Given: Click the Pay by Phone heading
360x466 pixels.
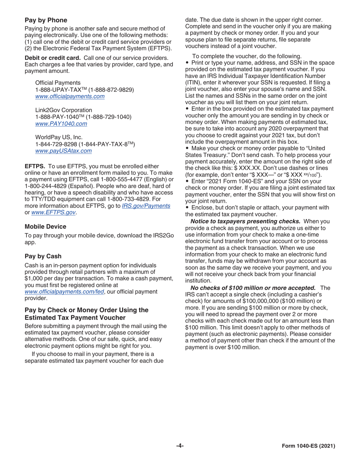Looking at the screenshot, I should click(x=46, y=20).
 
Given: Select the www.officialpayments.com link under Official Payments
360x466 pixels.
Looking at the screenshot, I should click(x=70, y=96).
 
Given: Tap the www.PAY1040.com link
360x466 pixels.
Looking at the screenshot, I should click(x=61, y=124).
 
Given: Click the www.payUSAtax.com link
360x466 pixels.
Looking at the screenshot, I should click(x=63, y=151).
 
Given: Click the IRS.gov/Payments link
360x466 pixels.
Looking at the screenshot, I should click(x=146, y=205).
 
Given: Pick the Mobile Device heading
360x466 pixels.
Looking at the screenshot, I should click(x=45, y=227).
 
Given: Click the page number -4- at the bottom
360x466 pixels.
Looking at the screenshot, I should click(x=180, y=446).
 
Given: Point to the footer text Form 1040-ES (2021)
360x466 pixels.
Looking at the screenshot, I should click(x=309, y=446).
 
